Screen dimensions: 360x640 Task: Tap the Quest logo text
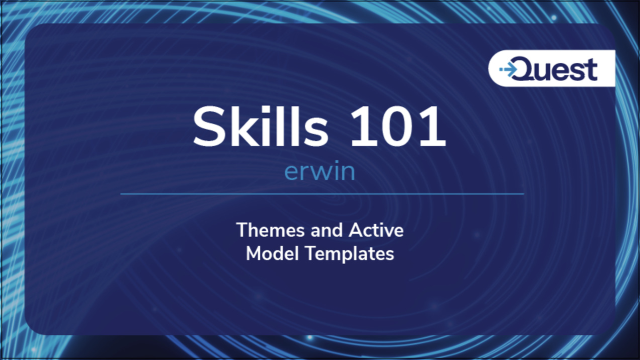[x=563, y=69]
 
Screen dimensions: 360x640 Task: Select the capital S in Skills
[x=209, y=128]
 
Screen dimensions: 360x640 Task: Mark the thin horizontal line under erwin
[x=319, y=193]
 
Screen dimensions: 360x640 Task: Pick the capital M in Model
[x=253, y=253]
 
